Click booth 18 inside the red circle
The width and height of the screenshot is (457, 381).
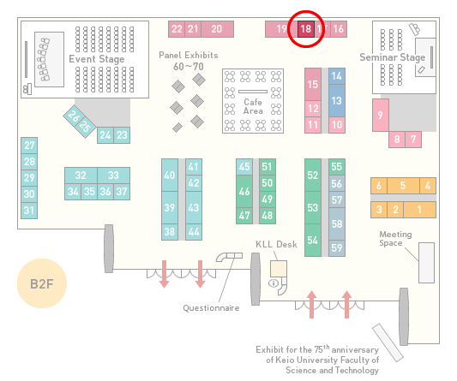click(306, 29)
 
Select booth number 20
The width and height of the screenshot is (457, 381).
click(217, 29)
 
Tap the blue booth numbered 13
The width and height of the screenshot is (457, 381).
click(337, 101)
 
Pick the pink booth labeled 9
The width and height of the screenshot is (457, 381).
click(381, 115)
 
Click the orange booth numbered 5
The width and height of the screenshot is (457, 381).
click(403, 186)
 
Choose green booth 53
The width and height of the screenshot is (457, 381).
click(313, 207)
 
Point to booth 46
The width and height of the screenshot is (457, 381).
click(244, 191)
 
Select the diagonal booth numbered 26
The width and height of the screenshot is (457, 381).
click(73, 116)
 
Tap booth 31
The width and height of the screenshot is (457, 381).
click(29, 210)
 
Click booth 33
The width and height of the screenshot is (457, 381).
click(114, 176)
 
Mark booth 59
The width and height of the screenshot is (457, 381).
click(337, 248)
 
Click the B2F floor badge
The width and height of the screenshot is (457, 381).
click(42, 283)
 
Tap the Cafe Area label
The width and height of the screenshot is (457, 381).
click(253, 106)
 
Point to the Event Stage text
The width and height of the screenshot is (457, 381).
click(97, 59)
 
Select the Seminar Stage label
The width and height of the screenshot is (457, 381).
click(393, 57)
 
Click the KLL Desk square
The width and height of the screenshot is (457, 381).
click(279, 269)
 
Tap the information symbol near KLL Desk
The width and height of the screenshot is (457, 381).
click(274, 283)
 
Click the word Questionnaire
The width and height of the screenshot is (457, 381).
click(211, 308)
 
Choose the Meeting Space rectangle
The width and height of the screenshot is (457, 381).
click(426, 263)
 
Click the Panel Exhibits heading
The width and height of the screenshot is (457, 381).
click(189, 56)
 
